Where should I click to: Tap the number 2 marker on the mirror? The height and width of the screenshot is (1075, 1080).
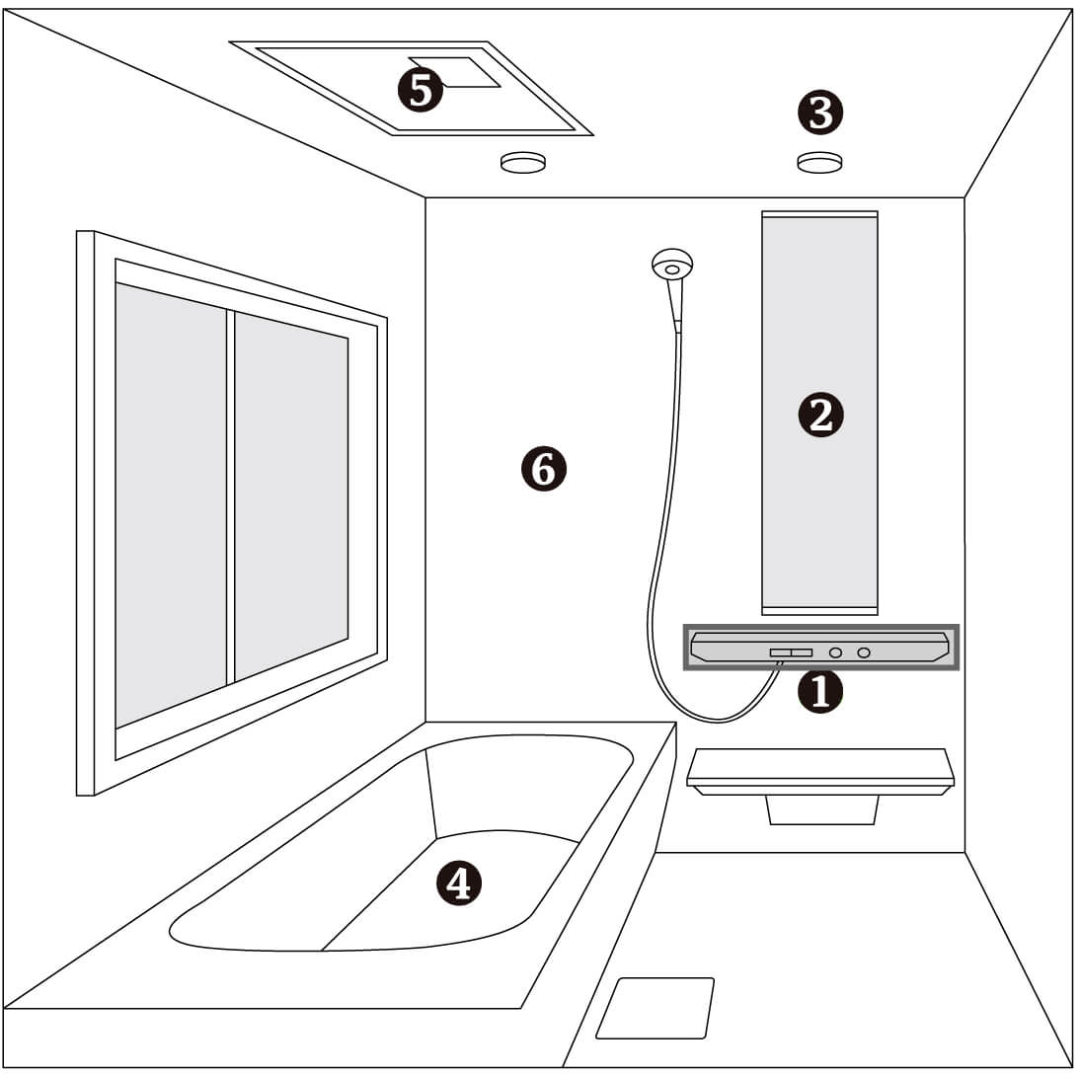[820, 416]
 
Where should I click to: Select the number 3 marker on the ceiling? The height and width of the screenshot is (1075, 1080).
[819, 113]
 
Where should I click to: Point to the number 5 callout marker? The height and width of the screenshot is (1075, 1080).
[421, 90]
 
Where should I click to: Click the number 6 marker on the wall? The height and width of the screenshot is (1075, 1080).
[543, 469]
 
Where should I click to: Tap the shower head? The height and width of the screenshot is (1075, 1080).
[671, 266]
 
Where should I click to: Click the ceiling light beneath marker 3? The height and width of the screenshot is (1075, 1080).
[819, 163]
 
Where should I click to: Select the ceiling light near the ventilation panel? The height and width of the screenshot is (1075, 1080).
[523, 163]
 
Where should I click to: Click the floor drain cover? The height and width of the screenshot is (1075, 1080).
[656, 1008]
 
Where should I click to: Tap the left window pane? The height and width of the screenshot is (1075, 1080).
[171, 504]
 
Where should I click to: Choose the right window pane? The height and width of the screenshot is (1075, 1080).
[291, 496]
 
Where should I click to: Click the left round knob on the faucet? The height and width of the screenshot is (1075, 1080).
[835, 653]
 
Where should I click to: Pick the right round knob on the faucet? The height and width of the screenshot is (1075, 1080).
[864, 653]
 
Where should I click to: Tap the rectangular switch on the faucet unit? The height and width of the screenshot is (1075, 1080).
[791, 653]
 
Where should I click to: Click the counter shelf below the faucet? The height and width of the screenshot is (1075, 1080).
[820, 771]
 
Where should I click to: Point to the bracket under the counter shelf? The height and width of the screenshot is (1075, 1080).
[822, 809]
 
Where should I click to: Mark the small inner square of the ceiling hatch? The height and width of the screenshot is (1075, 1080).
[455, 72]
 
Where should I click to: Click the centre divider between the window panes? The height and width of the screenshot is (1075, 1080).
[231, 498]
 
